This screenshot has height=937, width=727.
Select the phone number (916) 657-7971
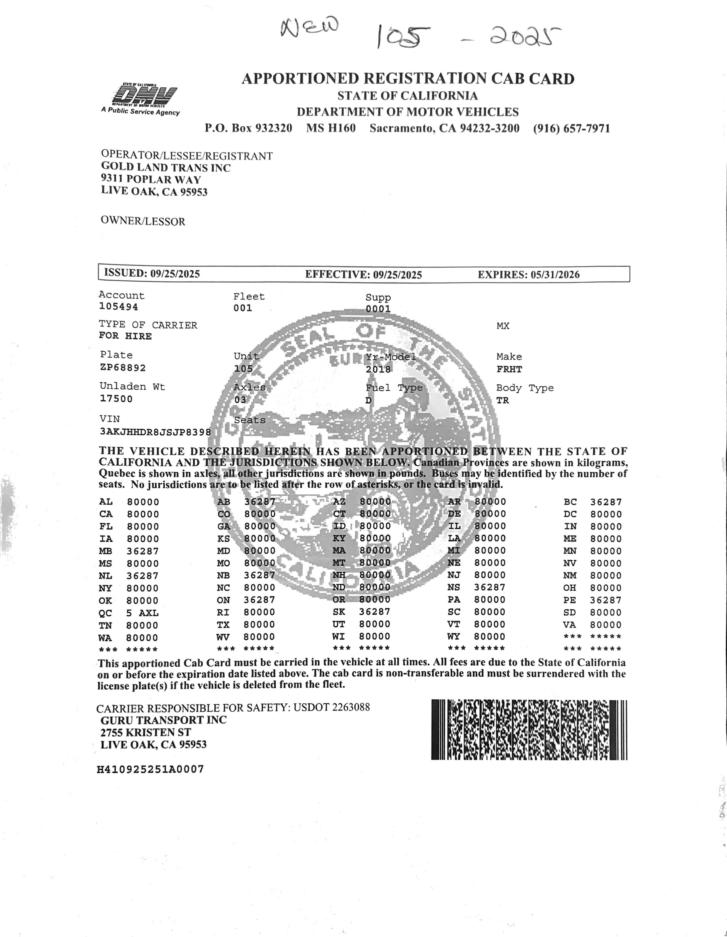[571, 129]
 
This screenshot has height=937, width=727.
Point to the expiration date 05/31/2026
[555, 275]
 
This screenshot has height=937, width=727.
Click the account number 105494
[118, 307]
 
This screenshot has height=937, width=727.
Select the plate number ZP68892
[123, 368]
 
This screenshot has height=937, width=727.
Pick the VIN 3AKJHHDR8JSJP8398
[155, 432]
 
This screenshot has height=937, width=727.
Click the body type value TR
[502, 400]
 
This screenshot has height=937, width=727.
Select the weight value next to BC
[605, 502]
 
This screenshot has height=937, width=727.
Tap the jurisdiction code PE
[570, 600]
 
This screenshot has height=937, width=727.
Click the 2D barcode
[529, 730]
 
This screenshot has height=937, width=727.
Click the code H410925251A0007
[151, 769]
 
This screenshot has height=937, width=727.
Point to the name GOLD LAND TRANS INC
[166, 168]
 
